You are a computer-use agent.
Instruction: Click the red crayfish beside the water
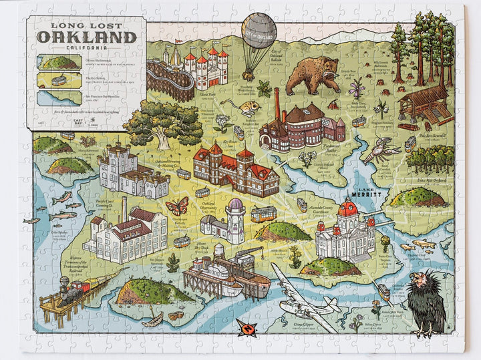[x=379, y=150]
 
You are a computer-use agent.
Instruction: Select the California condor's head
[x=419, y=280]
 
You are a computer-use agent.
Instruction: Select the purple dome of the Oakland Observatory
[x=236, y=205]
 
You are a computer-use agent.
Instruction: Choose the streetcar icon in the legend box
[x=58, y=80]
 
